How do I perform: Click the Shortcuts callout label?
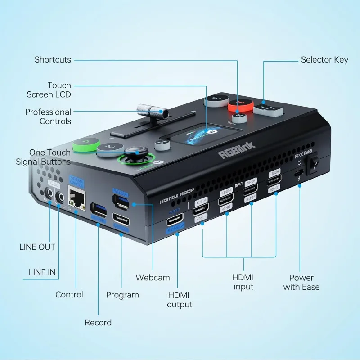point(53,60)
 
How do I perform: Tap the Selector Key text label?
point(324,60)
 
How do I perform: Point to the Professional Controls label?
point(48,117)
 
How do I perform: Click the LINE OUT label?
point(37,247)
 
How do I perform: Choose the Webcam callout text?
point(153,278)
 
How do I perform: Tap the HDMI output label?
point(180,300)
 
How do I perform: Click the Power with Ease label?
point(301,282)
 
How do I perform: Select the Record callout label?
point(98,322)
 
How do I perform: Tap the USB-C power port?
point(298,173)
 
